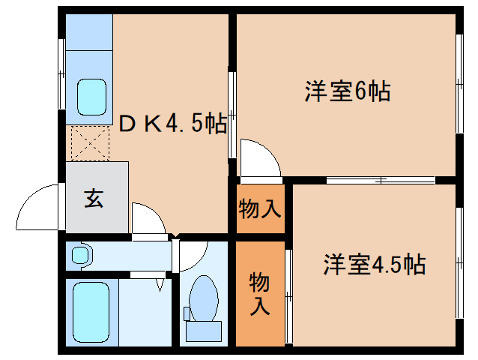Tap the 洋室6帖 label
click(x=346, y=91)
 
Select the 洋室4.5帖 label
click(x=375, y=264)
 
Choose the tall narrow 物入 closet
click(x=260, y=293)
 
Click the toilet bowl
click(x=203, y=295)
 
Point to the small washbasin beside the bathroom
click(x=80, y=255)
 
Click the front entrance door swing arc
click(x=37, y=208)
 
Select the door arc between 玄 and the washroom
click(x=148, y=218)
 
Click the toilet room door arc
click(x=190, y=253)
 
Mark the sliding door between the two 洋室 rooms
click(x=381, y=180)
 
